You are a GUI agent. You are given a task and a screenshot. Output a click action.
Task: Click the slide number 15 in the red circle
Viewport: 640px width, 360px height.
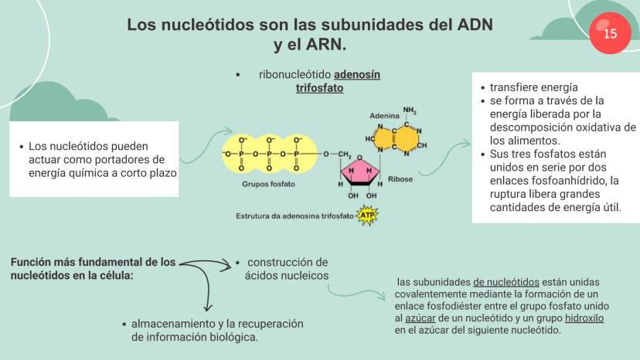pyautogui.click(x=610, y=33)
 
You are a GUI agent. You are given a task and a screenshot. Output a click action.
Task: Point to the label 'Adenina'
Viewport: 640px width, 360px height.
pyautogui.click(x=384, y=115)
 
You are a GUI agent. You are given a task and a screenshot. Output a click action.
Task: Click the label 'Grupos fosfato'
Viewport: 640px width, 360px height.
pyautogui.click(x=268, y=184)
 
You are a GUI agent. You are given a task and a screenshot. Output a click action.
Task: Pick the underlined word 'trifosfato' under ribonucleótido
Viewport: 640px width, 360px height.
pyautogui.click(x=319, y=88)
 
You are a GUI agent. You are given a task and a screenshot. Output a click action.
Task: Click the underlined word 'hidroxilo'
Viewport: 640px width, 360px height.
pyautogui.click(x=584, y=318)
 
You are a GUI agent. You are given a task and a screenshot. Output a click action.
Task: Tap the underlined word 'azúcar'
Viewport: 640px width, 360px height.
pyautogui.click(x=421, y=318)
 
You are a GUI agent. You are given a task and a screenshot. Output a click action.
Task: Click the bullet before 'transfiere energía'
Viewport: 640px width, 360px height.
pyautogui.click(x=483, y=88)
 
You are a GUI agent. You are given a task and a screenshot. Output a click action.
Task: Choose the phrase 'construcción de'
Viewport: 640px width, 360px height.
pyautogui.click(x=288, y=262)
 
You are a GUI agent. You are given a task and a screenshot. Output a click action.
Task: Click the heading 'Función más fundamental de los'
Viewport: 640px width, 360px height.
pyautogui.click(x=93, y=262)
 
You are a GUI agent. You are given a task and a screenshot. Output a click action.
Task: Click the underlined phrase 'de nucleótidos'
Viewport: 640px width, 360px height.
pyautogui.click(x=506, y=282)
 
